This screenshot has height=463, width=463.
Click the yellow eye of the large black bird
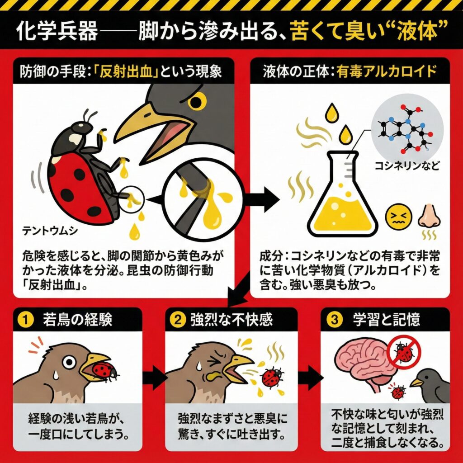197,101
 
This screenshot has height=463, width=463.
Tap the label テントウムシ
50,231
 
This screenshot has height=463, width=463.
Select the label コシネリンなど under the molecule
406,165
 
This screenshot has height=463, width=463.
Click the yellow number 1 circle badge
26,320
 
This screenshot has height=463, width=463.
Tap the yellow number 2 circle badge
178,320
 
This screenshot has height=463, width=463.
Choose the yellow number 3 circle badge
334,320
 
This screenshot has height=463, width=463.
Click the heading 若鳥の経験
77,320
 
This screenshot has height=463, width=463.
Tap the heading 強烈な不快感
231,320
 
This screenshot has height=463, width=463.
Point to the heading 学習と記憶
387,320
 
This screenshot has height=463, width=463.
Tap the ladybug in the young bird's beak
104,371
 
